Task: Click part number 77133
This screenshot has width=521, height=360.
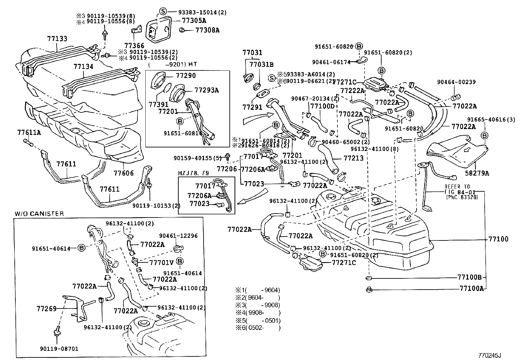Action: (57, 39)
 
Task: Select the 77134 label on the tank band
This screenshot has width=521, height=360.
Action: (83, 66)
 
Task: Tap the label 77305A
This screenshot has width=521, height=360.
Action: (194, 21)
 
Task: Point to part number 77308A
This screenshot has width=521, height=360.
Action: (207, 30)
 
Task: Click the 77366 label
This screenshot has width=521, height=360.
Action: (134, 46)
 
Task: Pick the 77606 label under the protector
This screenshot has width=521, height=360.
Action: (124, 173)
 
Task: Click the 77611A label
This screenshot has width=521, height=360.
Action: (29, 132)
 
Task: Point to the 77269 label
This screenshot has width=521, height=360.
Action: (46, 309)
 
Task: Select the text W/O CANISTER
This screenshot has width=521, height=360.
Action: (39, 214)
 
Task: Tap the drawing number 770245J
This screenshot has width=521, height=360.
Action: (490, 355)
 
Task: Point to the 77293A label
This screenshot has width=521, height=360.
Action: (206, 90)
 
